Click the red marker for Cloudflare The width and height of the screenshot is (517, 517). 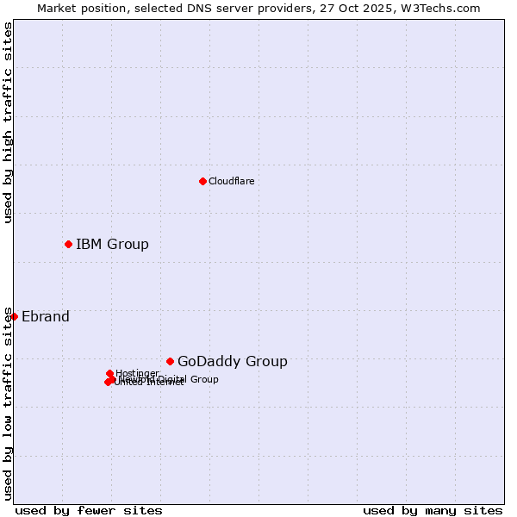tap(202, 181)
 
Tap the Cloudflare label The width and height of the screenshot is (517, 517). tap(231, 181)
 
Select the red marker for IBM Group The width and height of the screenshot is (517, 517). tap(68, 244)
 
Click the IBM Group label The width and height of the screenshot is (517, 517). tap(112, 244)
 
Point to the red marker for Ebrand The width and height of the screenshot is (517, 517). tap(14, 316)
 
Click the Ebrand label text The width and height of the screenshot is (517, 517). tap(46, 316)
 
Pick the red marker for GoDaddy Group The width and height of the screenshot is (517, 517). tap(170, 361)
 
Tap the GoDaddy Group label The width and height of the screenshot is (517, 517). tap(233, 361)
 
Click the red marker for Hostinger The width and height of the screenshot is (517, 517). tap(109, 373)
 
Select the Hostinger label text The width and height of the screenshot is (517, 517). tap(138, 373)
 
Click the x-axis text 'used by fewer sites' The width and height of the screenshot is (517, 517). tap(89, 510)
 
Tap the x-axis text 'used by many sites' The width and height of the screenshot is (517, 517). tap(433, 510)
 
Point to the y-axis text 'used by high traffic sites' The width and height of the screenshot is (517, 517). tap(9, 122)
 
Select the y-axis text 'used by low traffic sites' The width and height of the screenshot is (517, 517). tap(9, 402)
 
